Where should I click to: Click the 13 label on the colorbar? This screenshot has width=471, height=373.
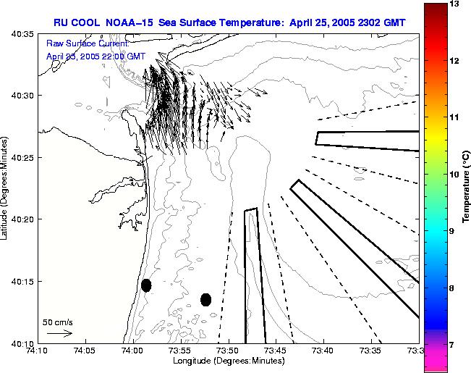[x=454, y=4]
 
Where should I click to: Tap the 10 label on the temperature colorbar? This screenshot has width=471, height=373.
[x=454, y=175]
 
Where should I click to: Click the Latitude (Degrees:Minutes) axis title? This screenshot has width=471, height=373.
[x=5, y=188]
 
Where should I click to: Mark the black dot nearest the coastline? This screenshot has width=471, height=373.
[x=146, y=285]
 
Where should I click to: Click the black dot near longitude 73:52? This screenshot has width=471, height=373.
[x=205, y=299]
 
